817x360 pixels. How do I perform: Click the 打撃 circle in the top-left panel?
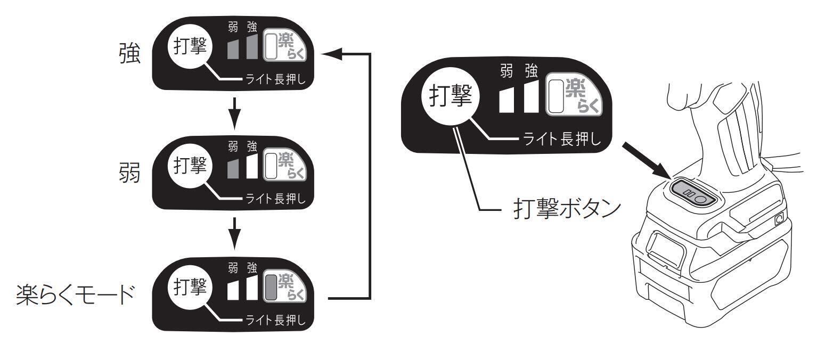[190, 47]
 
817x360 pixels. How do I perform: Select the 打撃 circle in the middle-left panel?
[190, 166]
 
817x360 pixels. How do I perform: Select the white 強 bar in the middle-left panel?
[251, 167]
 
